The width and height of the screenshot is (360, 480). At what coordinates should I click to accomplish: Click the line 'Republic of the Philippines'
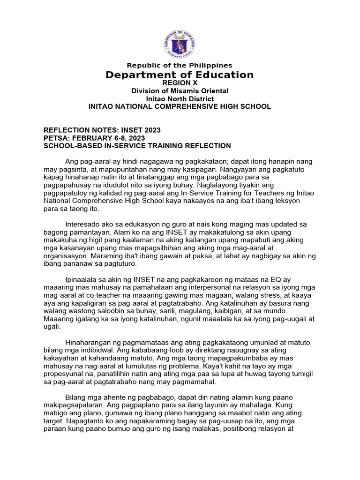(180, 65)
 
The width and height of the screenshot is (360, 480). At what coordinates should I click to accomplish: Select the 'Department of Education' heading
(180, 75)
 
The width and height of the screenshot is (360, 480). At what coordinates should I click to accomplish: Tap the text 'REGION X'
(180, 83)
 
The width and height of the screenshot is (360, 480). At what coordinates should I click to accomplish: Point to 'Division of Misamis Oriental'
(180, 91)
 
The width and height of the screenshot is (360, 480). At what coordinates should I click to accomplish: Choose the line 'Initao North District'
(180, 99)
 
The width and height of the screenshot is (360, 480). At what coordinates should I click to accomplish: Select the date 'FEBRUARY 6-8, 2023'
(108, 138)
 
